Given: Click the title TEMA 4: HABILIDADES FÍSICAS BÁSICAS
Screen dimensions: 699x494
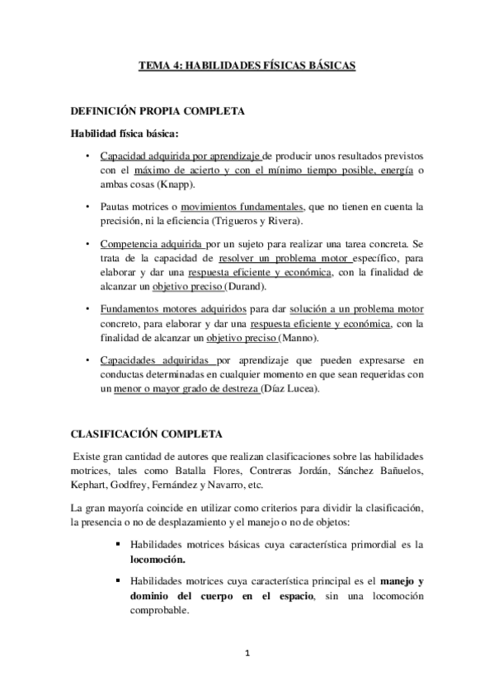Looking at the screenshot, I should click(x=247, y=65).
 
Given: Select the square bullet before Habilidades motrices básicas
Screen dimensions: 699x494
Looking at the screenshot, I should click(x=120, y=544).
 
